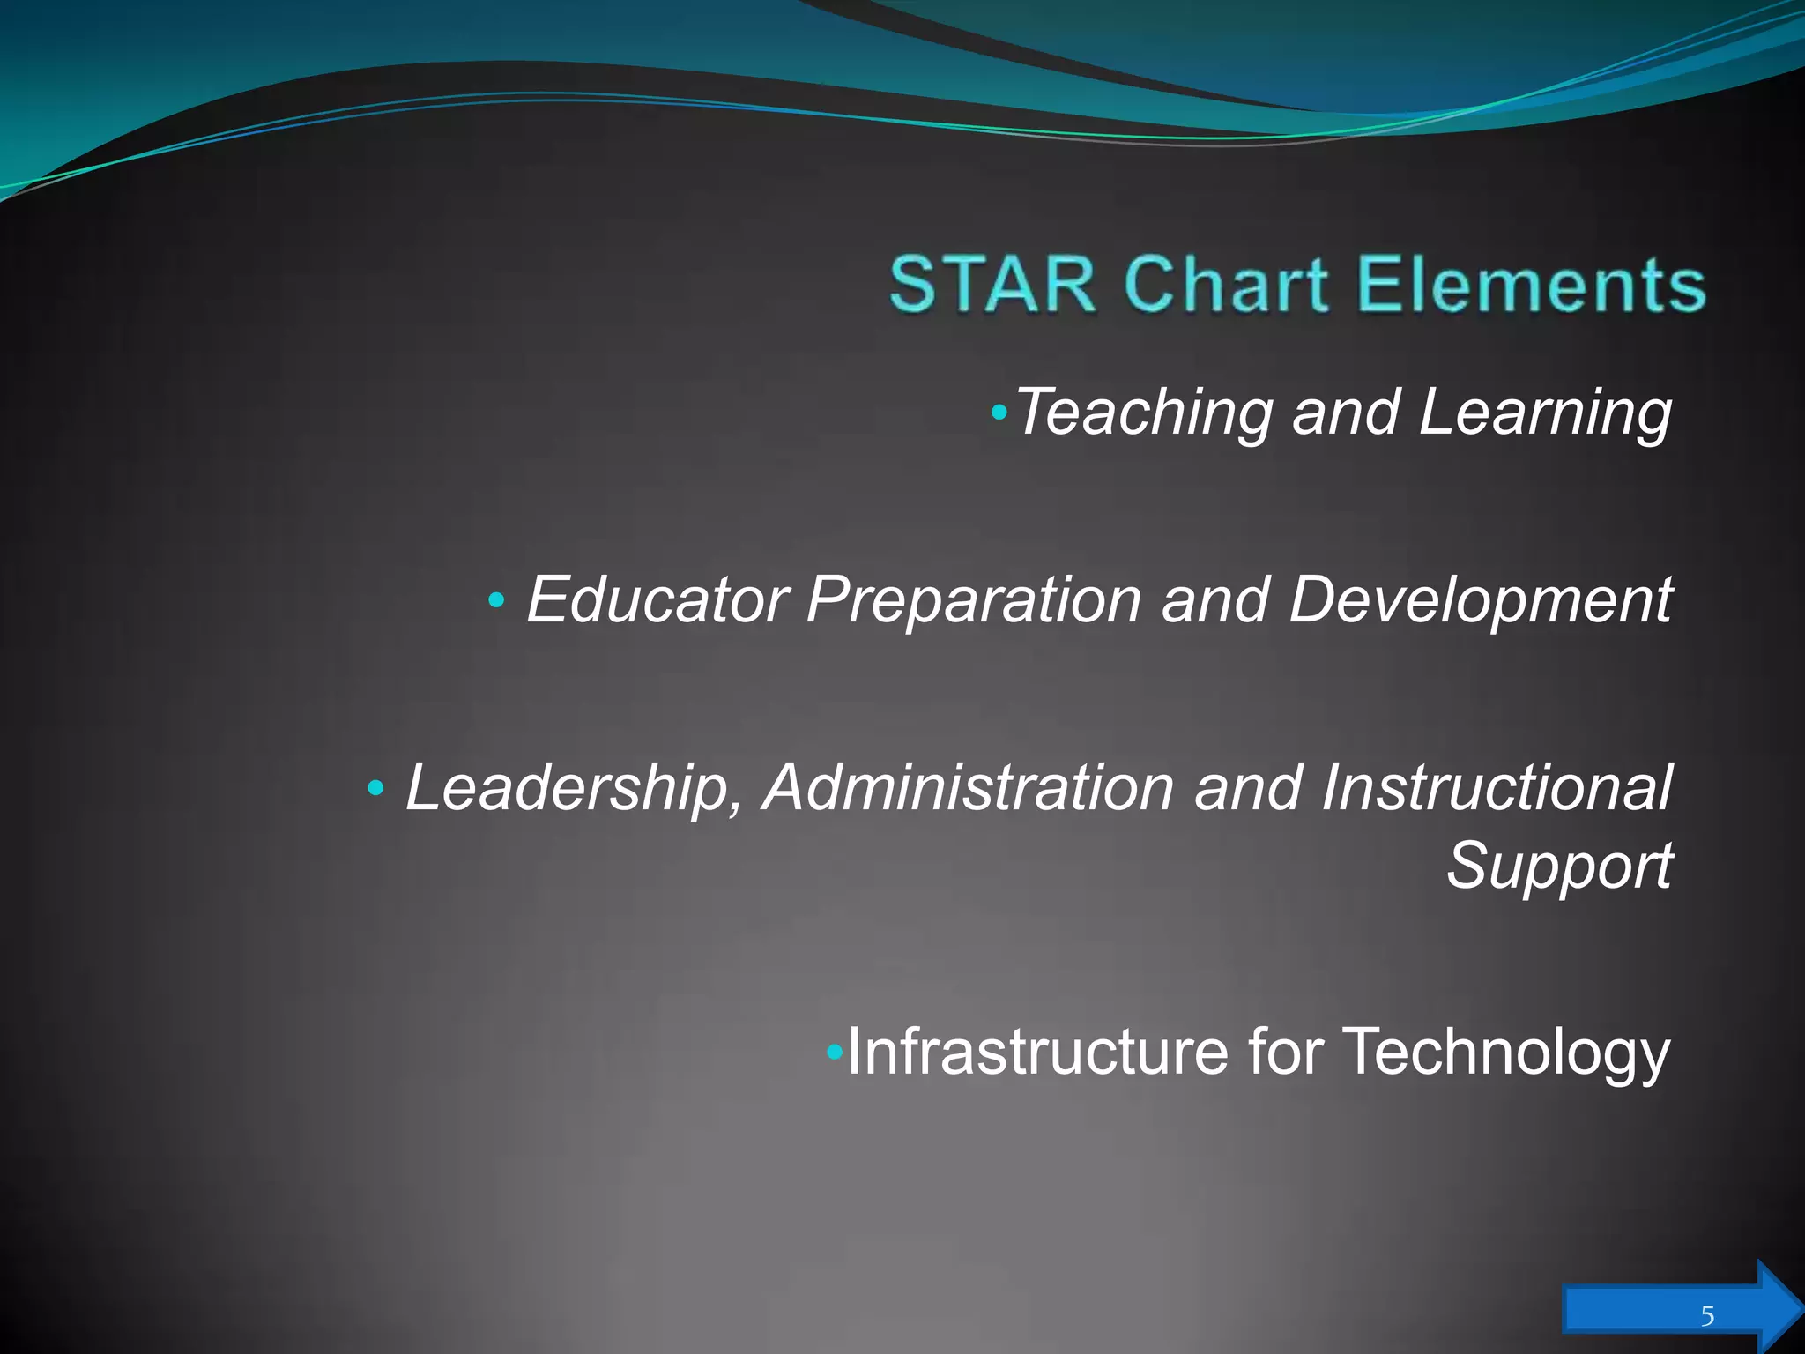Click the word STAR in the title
(x=992, y=284)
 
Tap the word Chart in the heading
(x=1226, y=284)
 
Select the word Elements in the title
(x=1531, y=284)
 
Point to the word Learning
(x=1545, y=413)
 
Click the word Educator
(x=657, y=599)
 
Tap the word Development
(x=1480, y=599)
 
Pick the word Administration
(x=969, y=787)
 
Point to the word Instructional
(x=1496, y=787)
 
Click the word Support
(x=1559, y=866)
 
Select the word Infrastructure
(x=1037, y=1052)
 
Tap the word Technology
(x=1506, y=1052)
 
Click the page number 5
(x=1707, y=1317)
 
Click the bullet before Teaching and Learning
(x=998, y=412)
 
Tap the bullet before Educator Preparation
(x=496, y=601)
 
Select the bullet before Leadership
(x=375, y=788)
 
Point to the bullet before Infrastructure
(x=835, y=1052)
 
